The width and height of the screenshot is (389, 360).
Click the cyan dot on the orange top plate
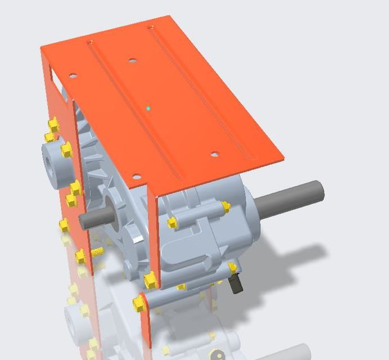pos(148,107)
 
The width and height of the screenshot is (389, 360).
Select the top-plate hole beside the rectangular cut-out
pos(72,75)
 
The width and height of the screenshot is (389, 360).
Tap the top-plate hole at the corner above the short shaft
pos(134,176)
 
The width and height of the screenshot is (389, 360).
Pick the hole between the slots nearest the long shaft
pos(214,154)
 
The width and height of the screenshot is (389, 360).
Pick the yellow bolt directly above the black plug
pos(232,267)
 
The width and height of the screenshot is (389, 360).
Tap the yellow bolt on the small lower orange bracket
pos(139,304)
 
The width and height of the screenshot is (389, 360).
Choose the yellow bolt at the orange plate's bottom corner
pos(150,280)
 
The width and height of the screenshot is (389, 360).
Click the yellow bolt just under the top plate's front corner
pos(173,223)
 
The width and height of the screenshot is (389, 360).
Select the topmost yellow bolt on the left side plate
pos(54,123)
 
